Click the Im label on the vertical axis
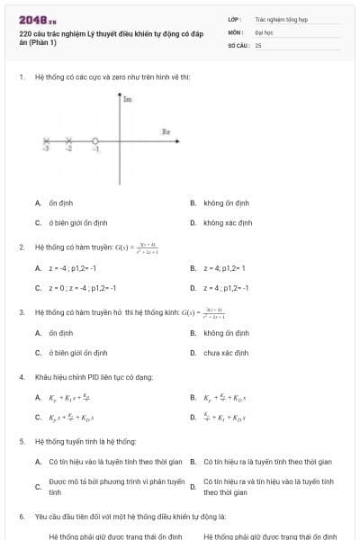coord(127,100)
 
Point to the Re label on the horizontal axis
coord(166,131)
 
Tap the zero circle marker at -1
coord(94,141)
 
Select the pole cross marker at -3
coord(47,141)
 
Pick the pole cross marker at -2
coord(67,141)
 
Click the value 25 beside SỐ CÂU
coord(258,44)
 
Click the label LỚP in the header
coord(234,18)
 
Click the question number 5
coord(22,441)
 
